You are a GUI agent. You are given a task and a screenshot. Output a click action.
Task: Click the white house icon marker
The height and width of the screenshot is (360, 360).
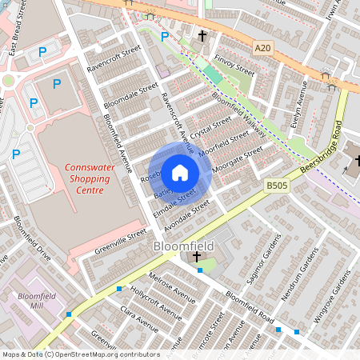pos(180,172)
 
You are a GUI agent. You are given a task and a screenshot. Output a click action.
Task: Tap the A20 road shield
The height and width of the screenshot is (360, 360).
pos(263,49)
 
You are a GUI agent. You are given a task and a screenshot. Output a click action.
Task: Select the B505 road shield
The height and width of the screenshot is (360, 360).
pos(276,185)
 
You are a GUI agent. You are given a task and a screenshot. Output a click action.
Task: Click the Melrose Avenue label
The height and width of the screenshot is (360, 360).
pos(172,287)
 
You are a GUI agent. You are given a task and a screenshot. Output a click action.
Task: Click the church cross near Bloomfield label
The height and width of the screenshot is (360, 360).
pos(198,256)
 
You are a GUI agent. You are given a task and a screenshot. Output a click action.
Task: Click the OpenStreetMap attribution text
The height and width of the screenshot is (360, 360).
pos(80,354)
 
